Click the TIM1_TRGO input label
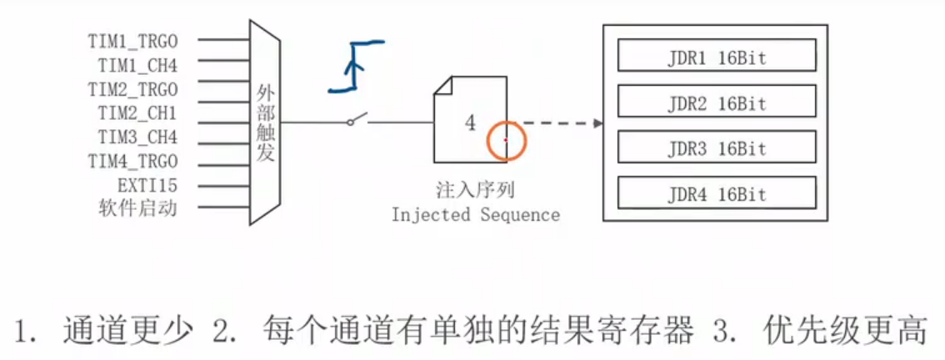coord(132,39)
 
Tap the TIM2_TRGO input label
coord(132,87)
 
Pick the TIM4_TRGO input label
coord(132,160)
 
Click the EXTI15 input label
coord(147,184)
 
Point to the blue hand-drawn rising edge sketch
coord(354,65)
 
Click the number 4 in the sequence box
coord(470,123)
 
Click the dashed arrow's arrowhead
coord(597,123)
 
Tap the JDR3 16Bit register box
coord(716,148)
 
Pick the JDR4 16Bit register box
coord(716,194)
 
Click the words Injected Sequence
coord(476,215)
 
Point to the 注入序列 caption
coord(472,192)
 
